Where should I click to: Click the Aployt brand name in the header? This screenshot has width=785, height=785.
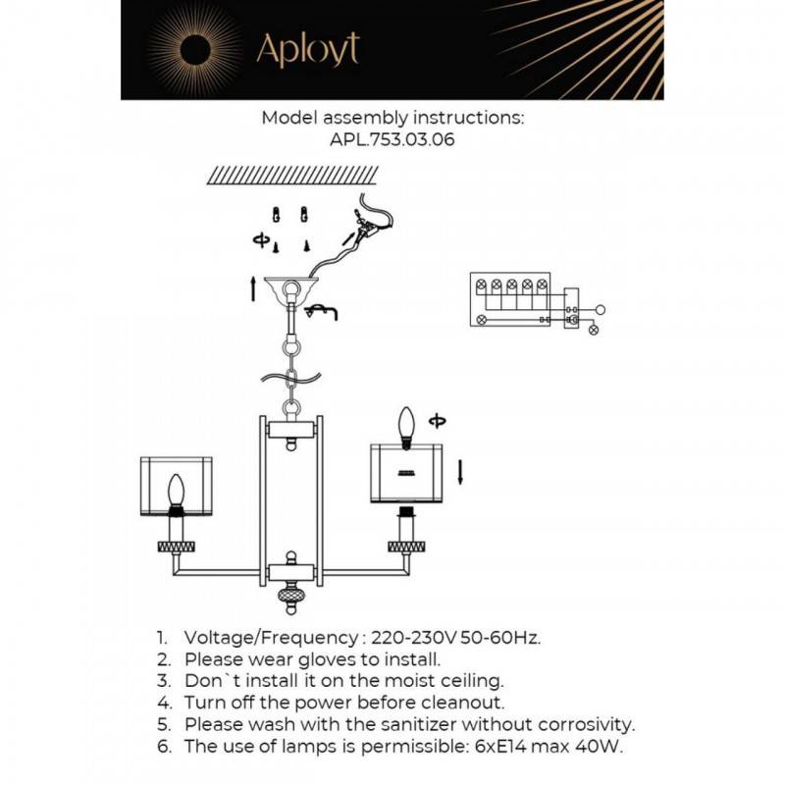click(307, 48)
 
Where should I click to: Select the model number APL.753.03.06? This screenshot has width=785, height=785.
click(392, 139)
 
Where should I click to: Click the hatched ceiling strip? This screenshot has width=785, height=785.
click(292, 175)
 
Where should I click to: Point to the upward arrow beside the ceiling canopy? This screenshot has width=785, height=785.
click(254, 288)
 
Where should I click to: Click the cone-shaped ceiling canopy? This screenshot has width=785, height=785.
click(292, 288)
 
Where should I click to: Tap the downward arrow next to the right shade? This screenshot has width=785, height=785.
click(461, 475)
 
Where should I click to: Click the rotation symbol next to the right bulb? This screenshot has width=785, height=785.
click(437, 421)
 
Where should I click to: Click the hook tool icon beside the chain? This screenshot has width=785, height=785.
click(322, 312)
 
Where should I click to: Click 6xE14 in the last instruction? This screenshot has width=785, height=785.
click(477, 747)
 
